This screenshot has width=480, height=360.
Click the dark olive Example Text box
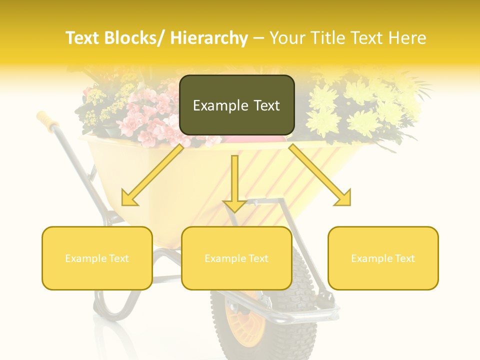tap(236, 105)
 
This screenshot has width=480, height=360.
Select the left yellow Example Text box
tap(97, 258)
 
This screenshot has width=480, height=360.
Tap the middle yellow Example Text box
tap(236, 258)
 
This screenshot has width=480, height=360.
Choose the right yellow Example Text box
tap(383, 258)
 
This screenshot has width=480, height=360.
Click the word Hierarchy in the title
tap(208, 38)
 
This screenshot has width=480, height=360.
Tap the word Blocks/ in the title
tap(137, 38)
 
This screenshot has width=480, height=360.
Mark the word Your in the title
tap(285, 38)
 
